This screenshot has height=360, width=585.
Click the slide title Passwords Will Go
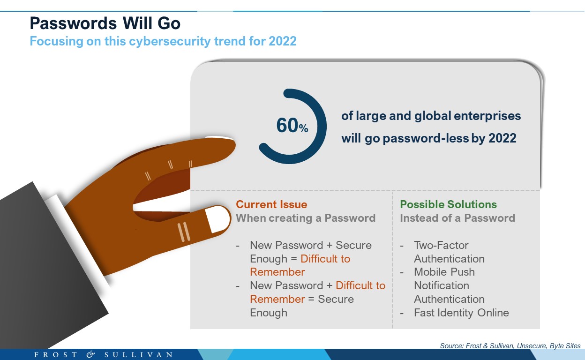coord(105,23)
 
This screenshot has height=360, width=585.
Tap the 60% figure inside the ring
coord(292,125)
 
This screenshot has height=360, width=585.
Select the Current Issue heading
coord(271,204)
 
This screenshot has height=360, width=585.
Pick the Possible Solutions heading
coord(448,204)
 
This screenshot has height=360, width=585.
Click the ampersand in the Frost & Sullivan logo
coord(90,354)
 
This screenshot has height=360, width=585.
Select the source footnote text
coord(510,345)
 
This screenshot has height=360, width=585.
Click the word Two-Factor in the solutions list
coord(441,245)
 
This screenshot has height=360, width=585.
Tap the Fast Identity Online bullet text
coord(461,313)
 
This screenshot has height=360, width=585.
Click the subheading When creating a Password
coord(306,218)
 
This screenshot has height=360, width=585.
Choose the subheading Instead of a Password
coord(457,218)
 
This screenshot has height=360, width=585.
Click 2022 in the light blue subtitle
coord(282,41)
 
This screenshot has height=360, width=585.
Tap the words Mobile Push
coord(444,272)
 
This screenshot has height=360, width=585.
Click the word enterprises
coord(487,116)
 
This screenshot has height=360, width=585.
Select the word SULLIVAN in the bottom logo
coord(138,354)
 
